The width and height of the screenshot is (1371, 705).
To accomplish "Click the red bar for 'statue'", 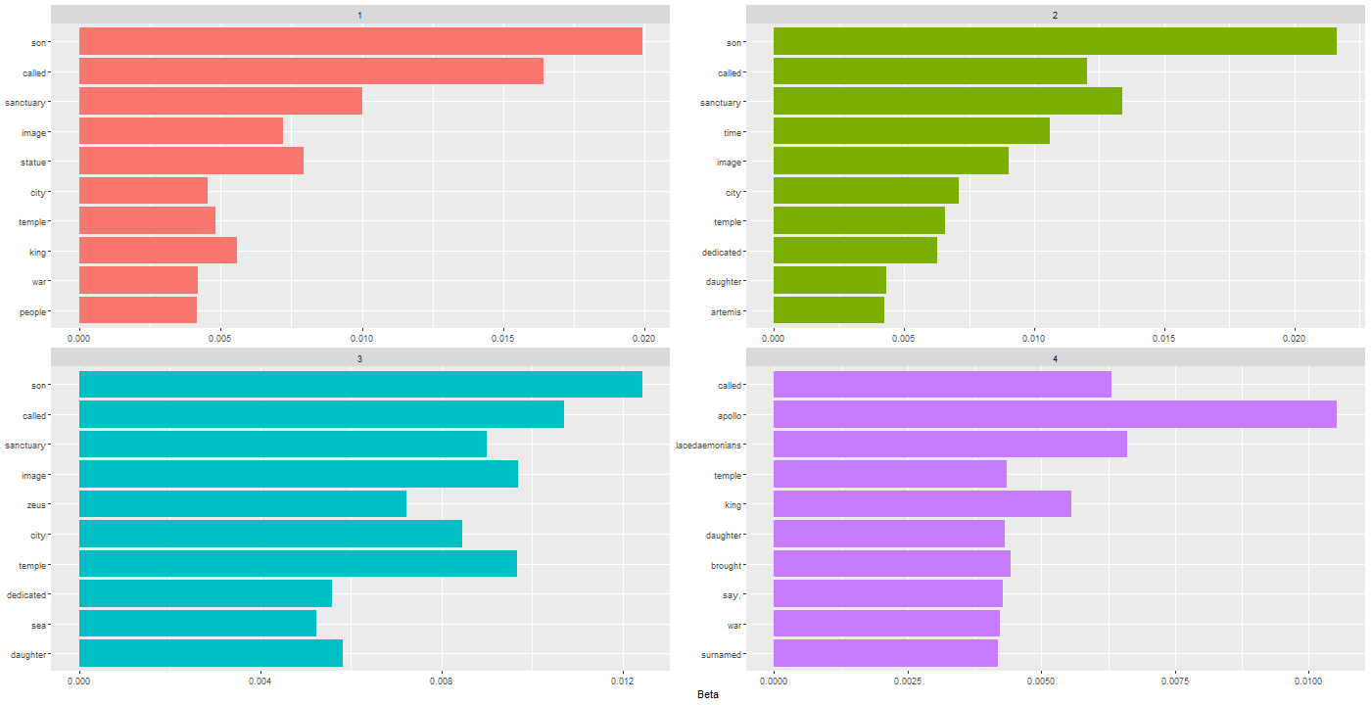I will coord(191,161).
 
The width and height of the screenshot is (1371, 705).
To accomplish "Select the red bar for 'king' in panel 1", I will coord(158,251).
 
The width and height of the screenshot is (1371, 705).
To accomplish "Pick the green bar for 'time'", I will coord(911,131).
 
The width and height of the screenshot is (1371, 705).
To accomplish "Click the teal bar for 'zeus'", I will coord(242,504).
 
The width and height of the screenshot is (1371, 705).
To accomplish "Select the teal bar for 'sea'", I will coord(197,624).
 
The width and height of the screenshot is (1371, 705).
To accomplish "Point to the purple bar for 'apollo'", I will coord(1054,415).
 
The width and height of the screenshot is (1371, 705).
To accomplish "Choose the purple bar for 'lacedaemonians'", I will coord(950,445).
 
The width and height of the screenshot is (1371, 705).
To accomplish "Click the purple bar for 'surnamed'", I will coord(885,653).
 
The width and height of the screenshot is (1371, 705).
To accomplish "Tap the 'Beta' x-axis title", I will coord(708,694).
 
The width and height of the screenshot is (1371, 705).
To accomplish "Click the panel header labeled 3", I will coord(359,359).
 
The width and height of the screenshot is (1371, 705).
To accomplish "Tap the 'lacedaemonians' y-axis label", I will coord(708,446).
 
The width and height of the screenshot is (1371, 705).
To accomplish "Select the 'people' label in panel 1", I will coord(32,311).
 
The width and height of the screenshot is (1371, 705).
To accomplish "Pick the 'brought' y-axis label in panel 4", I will coord(726,565).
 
